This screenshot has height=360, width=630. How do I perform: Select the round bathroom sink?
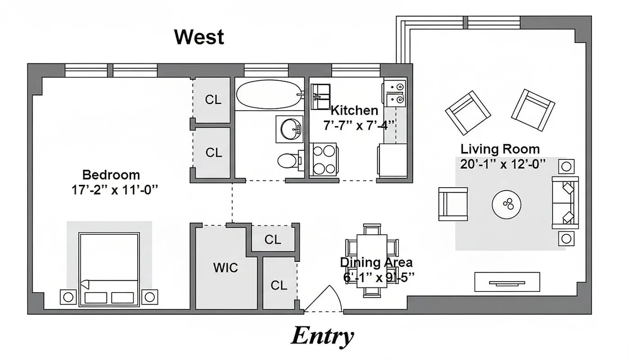tap(290, 129)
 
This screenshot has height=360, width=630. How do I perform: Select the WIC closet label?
tap(225, 268)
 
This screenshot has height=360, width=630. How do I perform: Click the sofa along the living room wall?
tap(565, 202)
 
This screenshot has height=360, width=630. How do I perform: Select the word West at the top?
tap(199, 37)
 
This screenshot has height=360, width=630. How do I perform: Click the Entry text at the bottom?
tap(322, 336)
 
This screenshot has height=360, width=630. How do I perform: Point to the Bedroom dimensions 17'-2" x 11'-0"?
tap(116, 190)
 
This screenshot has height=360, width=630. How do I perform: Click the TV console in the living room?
tap(507, 282)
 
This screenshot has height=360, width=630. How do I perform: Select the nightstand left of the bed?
tap(68, 297)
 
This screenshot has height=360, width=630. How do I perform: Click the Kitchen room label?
tap(354, 111)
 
